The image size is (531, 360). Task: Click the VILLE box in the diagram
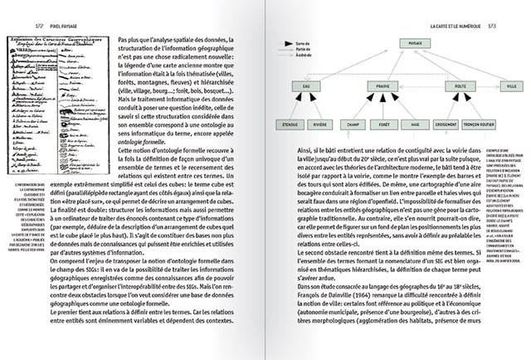tap(511, 85)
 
